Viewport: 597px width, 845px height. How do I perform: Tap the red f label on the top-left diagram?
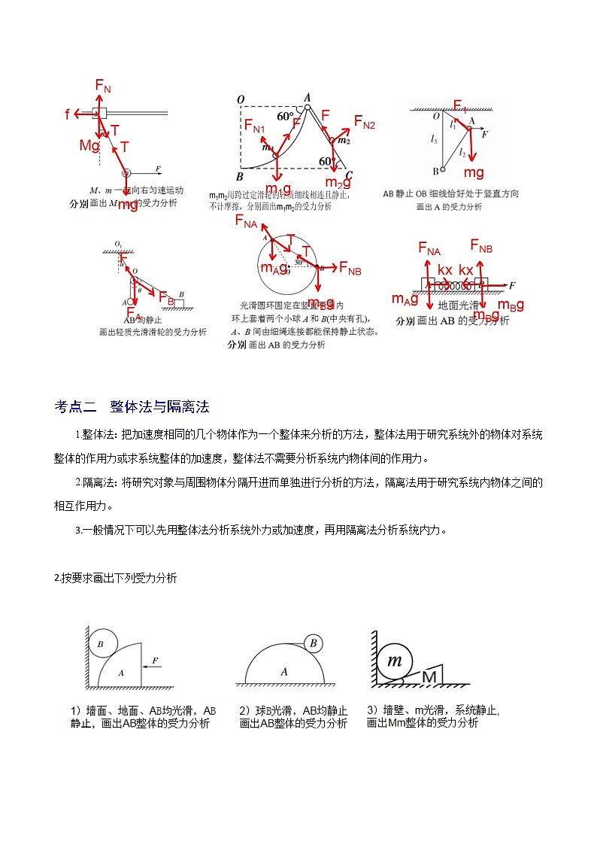[x=68, y=114]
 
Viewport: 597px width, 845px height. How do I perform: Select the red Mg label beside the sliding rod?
[x=89, y=146]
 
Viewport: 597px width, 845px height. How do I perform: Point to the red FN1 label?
[x=254, y=127]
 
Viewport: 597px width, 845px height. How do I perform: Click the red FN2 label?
[x=364, y=122]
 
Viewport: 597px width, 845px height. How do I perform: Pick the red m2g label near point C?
[x=338, y=182]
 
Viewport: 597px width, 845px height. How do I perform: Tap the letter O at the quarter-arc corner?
[x=241, y=100]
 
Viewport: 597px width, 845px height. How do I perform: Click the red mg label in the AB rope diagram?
[x=474, y=172]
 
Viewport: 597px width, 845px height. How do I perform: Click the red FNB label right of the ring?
[x=350, y=267]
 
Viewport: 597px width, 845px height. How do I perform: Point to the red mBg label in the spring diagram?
[x=511, y=304]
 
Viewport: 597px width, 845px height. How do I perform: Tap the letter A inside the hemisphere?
[x=284, y=670]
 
